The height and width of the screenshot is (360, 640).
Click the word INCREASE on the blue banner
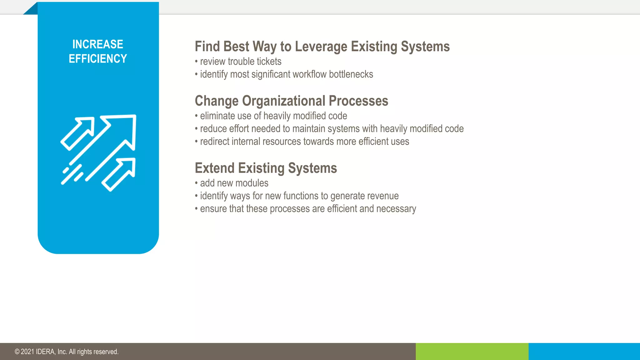click(97, 44)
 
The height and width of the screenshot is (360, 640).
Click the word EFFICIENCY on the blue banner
click(97, 59)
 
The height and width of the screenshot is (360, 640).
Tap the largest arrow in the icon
click(122, 131)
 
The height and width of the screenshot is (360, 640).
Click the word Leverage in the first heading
click(321, 47)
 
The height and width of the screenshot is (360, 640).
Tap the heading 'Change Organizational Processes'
click(291, 101)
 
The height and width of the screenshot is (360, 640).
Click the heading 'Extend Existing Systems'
click(266, 168)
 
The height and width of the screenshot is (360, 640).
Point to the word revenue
click(383, 196)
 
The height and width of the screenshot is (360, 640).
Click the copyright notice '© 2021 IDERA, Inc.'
click(67, 352)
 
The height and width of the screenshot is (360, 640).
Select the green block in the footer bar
click(472, 352)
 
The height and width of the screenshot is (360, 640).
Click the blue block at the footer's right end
click(584, 352)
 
